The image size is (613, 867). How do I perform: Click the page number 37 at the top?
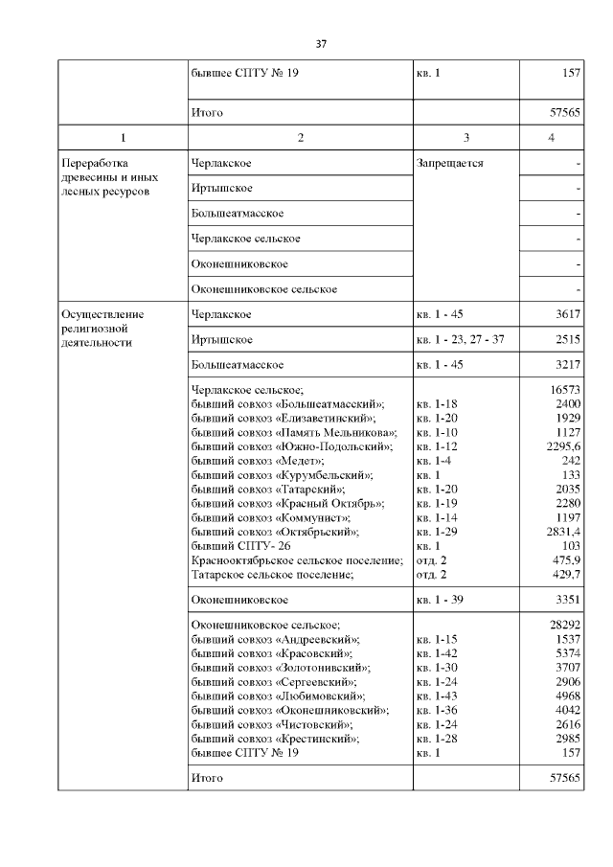tap(322, 44)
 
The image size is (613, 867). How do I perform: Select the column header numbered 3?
tap(465, 138)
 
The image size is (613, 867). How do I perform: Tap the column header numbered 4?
tap(551, 138)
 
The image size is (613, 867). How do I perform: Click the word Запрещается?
tap(449, 164)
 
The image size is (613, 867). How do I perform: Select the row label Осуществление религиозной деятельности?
tap(102, 328)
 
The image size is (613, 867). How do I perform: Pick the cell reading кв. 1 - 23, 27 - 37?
tap(460, 340)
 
